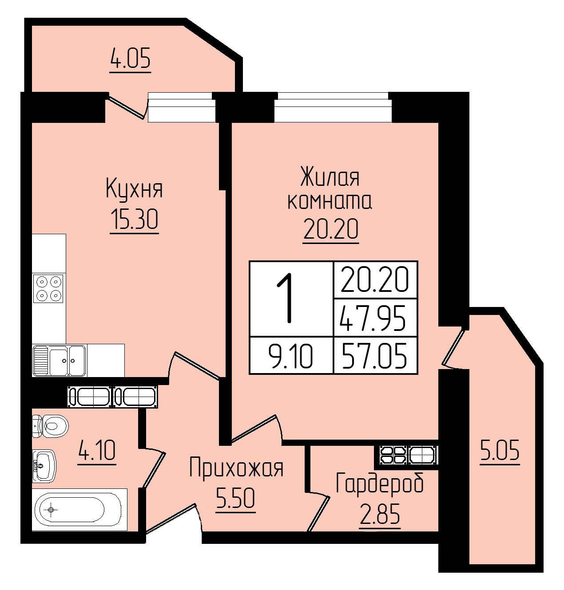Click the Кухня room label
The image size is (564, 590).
(134, 189)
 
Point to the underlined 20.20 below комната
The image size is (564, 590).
(330, 229)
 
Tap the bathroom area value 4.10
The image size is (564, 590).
(96, 450)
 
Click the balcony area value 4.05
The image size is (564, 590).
(131, 59)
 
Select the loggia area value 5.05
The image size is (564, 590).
(500, 450)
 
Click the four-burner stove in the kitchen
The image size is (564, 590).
(48, 288)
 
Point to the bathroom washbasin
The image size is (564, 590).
(44, 465)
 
